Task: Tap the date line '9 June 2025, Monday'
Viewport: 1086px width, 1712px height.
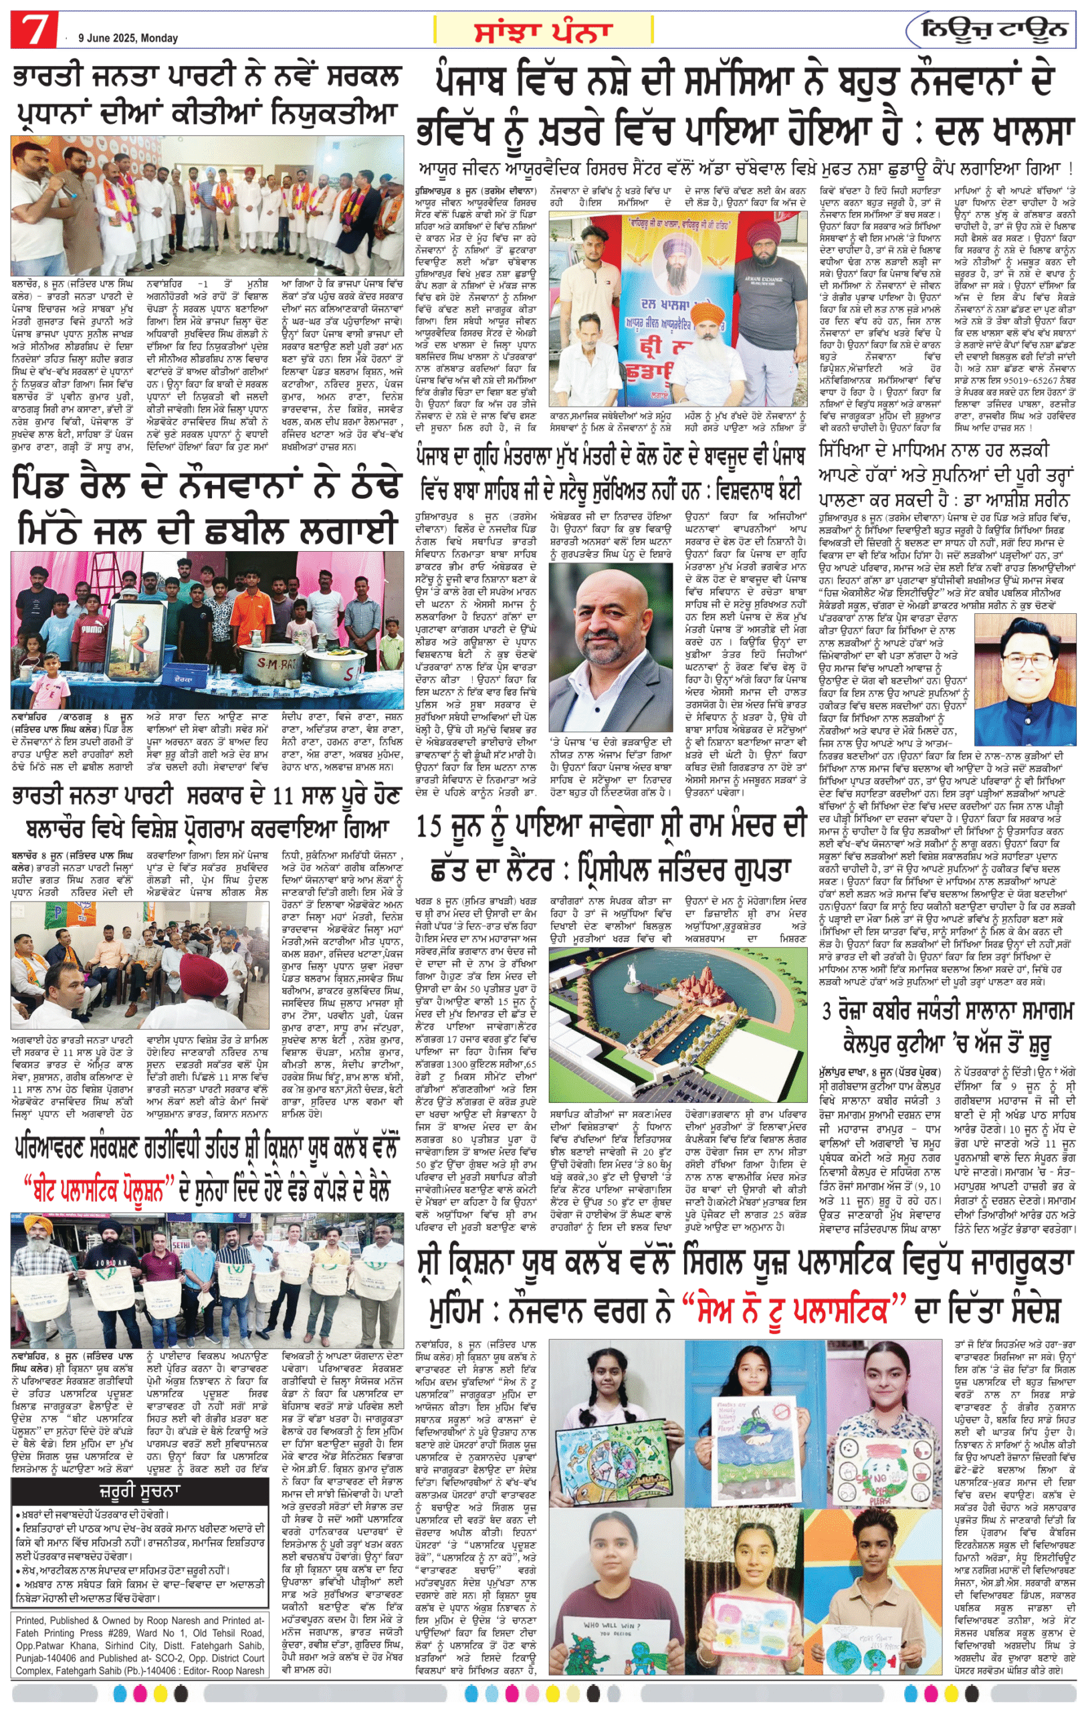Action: [128, 38]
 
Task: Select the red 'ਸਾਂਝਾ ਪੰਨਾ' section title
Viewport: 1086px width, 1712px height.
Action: [543, 31]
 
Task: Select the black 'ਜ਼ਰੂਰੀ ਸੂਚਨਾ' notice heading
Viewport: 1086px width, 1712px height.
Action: [139, 1491]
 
